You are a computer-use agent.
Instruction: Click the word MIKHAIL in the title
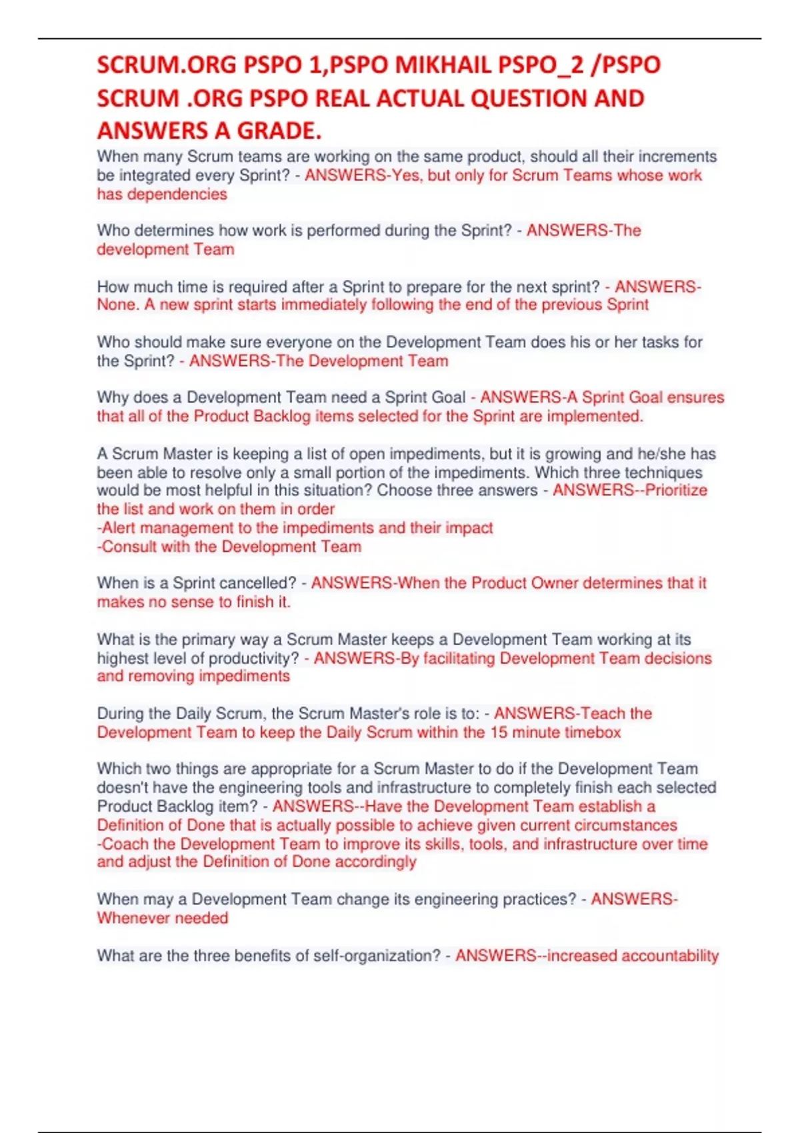tap(443, 65)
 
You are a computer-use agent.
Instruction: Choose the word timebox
tap(593, 732)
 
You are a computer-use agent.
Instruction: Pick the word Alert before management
tap(119, 528)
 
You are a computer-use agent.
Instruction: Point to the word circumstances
tap(626, 825)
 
